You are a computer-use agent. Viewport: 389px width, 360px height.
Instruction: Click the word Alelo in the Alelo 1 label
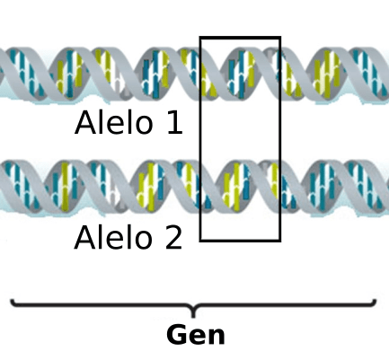pos(114,123)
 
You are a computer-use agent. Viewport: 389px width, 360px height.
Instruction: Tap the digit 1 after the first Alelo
pos(174,123)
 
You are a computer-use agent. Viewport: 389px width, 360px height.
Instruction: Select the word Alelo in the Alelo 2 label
pos(113,237)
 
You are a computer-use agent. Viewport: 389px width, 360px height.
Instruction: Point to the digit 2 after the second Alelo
pos(173,237)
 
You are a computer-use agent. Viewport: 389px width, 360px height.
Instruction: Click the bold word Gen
pos(196,335)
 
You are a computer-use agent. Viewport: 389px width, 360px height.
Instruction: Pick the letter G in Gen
pos(176,335)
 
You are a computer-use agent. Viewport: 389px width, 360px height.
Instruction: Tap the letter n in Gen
pos(217,337)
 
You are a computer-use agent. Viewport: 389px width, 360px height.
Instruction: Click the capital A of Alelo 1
pos(85,123)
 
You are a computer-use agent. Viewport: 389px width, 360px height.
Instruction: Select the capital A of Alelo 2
pos(84,237)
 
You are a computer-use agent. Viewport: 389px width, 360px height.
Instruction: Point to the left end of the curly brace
pos(12,300)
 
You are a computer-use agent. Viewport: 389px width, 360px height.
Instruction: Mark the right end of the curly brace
pos(376,300)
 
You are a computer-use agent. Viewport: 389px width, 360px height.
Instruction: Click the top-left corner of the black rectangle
pos(200,37)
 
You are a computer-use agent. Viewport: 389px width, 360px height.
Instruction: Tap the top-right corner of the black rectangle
pos(280,37)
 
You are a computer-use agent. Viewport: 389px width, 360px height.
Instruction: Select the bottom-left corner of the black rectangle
pos(200,241)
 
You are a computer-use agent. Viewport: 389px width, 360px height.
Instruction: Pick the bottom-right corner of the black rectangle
pos(280,241)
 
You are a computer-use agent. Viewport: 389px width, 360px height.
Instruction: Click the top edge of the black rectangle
pos(240,37)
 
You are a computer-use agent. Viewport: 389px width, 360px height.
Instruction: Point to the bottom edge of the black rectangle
pos(240,241)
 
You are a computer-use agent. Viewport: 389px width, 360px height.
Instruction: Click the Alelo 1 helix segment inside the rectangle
pos(240,74)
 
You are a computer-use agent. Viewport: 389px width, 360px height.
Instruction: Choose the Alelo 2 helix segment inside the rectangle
pos(240,187)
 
